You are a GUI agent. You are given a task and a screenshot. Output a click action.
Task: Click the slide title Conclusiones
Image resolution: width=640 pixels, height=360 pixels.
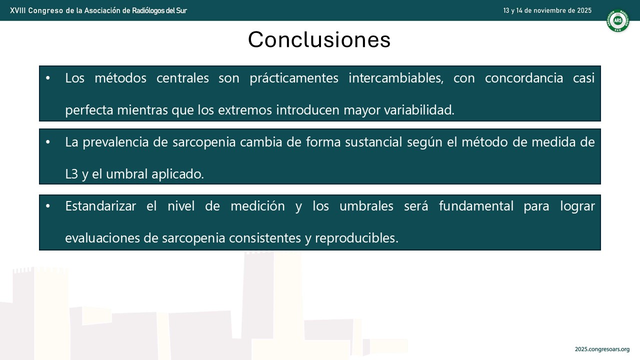coord(319,39)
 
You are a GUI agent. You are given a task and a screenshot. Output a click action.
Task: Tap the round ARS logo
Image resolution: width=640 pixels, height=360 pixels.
coord(617,20)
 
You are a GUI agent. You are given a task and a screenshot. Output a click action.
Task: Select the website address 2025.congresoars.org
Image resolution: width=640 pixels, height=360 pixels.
coord(602,349)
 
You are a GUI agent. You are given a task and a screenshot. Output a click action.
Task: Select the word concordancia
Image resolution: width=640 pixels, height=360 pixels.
coord(524,78)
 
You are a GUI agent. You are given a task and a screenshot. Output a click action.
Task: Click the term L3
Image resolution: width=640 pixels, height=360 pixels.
coord(71,174)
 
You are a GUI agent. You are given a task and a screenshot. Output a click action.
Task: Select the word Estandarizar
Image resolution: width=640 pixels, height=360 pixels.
coord(100,206)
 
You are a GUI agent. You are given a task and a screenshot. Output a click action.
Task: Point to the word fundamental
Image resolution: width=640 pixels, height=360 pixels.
coord(476,206)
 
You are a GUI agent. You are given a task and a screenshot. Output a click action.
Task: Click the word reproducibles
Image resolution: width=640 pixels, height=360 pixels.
coord(356,238)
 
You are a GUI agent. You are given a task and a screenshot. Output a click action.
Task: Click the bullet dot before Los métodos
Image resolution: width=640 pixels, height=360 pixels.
coord(47,78)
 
